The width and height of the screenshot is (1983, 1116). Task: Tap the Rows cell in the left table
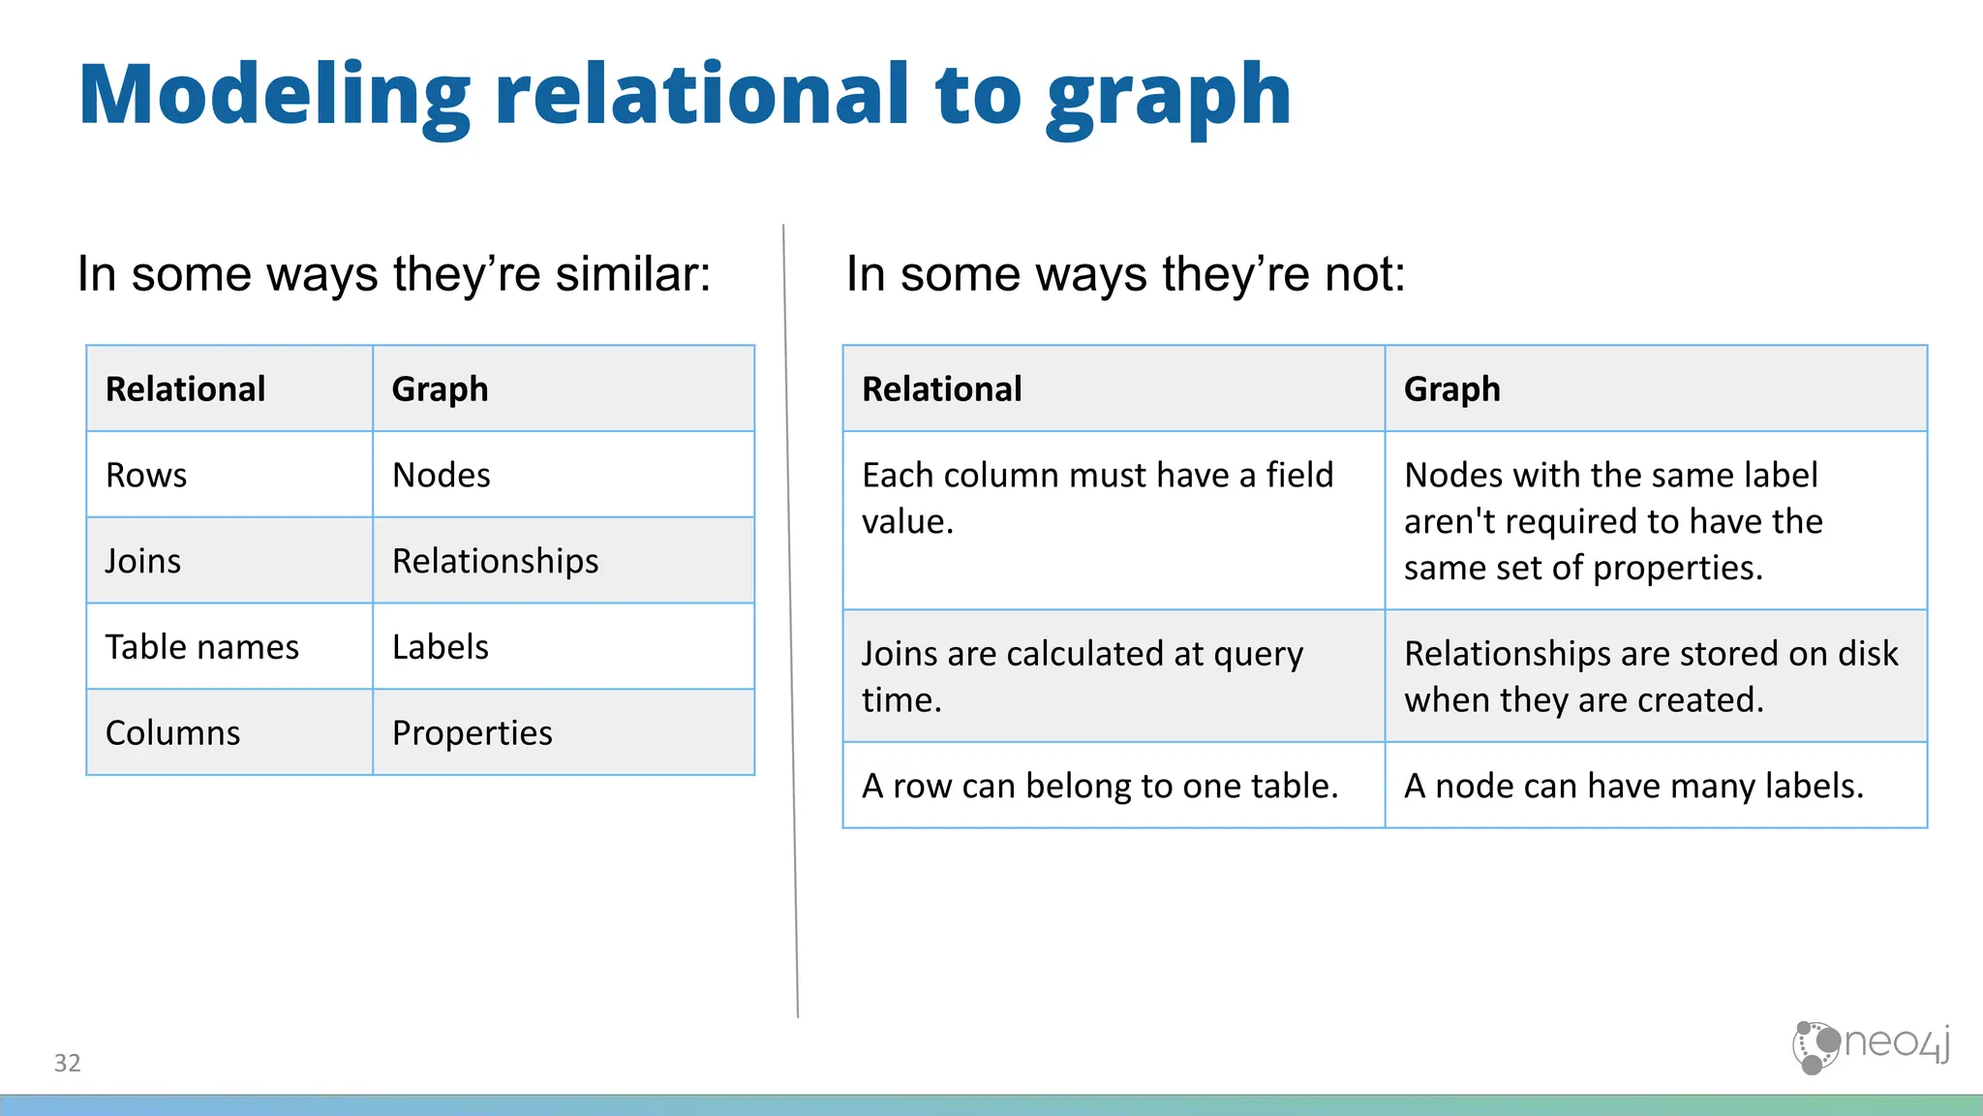coord(146,475)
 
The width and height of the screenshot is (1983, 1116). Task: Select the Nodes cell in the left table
coord(442,475)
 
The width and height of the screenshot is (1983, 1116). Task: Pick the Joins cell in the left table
coord(143,561)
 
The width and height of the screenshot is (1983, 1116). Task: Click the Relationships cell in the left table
coord(495,561)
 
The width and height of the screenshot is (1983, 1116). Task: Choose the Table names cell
coord(202,646)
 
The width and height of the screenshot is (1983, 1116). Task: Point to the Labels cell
coord(441,646)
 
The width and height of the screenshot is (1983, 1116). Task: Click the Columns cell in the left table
coord(172,732)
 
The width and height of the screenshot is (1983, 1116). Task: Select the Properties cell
coord(473,732)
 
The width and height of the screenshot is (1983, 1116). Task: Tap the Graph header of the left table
coord(441,388)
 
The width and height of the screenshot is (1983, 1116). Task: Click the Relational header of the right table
coord(942,388)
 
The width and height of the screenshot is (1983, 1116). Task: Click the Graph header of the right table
coord(1452,388)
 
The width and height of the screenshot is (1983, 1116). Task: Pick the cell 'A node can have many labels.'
coord(1633,786)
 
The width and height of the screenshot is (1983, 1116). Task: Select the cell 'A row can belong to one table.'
coord(1100,786)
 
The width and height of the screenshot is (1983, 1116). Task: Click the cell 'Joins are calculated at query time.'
coord(1083,676)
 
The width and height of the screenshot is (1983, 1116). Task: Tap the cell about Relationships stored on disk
coord(1651,676)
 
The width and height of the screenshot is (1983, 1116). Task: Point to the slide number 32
coord(68,1063)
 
